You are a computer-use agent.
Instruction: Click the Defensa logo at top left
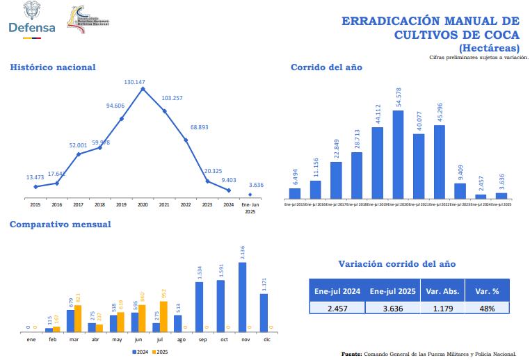(31, 21)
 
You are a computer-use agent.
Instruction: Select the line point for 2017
(79, 154)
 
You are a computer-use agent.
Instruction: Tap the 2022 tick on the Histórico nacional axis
(186, 205)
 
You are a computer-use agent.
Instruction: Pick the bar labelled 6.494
(295, 193)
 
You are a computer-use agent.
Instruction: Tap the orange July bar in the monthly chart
(164, 316)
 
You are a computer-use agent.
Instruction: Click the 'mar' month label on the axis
(74, 339)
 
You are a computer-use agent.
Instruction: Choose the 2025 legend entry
(161, 352)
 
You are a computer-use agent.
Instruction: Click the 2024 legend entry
(141, 352)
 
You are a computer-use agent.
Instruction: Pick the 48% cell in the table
(486, 308)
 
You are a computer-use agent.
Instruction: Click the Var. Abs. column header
(440, 291)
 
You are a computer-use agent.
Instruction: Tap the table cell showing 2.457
(337, 308)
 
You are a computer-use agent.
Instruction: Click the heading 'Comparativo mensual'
(60, 224)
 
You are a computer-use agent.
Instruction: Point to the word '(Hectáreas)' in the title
(489, 48)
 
